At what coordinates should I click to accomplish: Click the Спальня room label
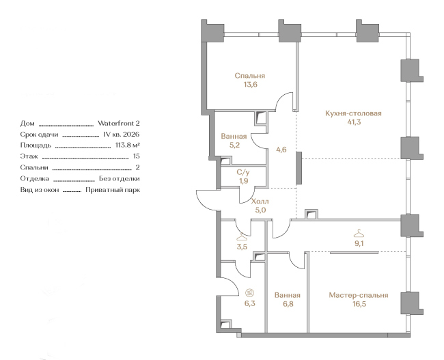coord(250,76)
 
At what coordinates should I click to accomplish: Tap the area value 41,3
coord(354,122)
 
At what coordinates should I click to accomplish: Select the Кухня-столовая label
coord(353,113)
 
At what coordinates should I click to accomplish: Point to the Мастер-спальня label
coord(358,295)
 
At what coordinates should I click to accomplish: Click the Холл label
coord(260,202)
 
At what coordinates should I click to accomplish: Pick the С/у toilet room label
coord(243,172)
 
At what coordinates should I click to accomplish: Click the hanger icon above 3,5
coord(242,237)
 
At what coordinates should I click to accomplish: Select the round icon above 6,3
coord(249,292)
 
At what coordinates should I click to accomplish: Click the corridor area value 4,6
coord(281,150)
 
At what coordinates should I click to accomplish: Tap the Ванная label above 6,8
coord(287,295)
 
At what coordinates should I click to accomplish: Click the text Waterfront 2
coord(119,123)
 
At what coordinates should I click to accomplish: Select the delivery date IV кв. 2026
coord(122,135)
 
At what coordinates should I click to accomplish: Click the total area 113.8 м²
coord(128,146)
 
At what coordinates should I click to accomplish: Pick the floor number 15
coord(137,156)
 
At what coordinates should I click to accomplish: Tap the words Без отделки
coord(120,179)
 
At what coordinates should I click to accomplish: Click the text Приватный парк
coord(113,190)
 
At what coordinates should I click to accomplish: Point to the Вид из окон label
coord(40,190)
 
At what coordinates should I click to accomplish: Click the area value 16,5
coord(358,304)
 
